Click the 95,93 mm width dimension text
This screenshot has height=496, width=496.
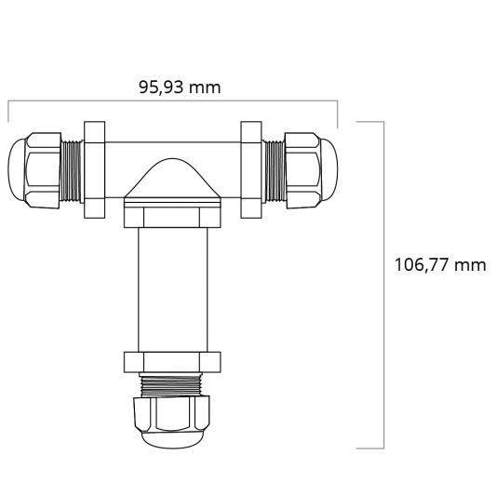(x=180, y=87)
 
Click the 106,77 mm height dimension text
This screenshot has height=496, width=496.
(x=440, y=264)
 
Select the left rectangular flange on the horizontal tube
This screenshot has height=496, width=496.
(x=94, y=168)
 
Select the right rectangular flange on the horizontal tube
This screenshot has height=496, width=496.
(x=249, y=168)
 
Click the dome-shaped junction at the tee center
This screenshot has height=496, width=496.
(x=171, y=181)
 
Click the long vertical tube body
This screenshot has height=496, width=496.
(x=171, y=288)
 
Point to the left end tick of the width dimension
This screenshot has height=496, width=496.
(x=9, y=112)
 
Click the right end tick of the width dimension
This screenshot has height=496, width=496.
(x=338, y=112)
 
